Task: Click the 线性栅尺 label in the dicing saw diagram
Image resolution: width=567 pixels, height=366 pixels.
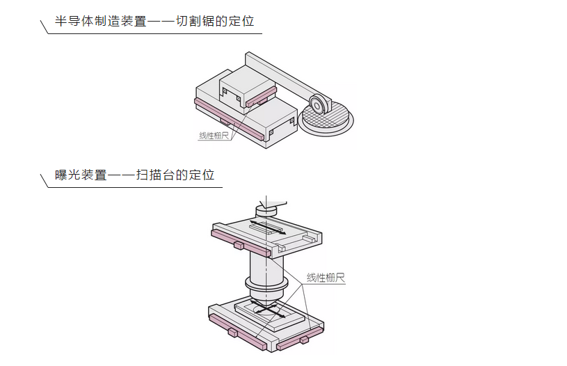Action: (214, 136)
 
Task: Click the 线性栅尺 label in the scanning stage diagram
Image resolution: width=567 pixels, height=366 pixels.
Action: (326, 278)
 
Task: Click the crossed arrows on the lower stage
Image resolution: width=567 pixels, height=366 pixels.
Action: (266, 312)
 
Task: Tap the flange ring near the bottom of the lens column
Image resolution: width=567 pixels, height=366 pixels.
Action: (266, 285)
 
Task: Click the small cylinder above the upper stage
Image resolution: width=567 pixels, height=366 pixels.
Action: (266, 208)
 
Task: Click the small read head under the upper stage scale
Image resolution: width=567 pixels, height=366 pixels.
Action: (239, 246)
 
